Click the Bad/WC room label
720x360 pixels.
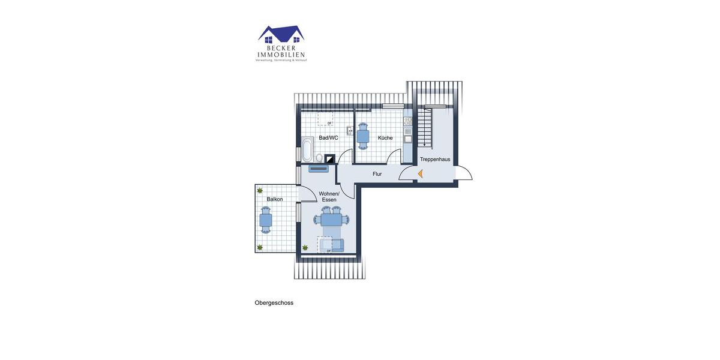tap(328, 138)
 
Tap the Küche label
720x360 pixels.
tap(385, 138)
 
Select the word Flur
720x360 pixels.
tap(377, 174)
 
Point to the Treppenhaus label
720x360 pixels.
tap(435, 160)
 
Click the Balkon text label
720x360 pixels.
tap(275, 199)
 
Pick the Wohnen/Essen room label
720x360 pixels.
tap(329, 197)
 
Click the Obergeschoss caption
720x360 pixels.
tap(274, 303)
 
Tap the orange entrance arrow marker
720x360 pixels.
tap(420, 174)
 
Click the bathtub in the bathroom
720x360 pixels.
tap(307, 149)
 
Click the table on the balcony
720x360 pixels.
tap(265, 220)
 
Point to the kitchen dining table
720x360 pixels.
tap(363, 136)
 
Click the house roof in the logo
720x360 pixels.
tap(281, 32)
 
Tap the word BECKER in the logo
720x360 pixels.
tap(281, 49)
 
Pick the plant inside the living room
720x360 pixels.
tap(305, 247)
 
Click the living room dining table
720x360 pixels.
tap(331, 220)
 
